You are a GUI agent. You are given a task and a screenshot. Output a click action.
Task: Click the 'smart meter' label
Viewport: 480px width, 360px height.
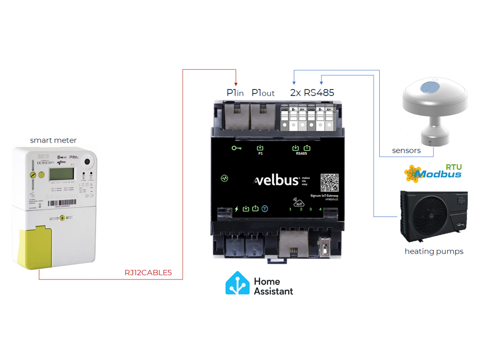click(x=53, y=140)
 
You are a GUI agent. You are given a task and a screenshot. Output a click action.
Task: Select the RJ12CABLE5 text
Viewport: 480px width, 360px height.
click(x=148, y=273)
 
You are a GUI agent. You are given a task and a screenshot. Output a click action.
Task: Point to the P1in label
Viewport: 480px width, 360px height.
click(x=235, y=93)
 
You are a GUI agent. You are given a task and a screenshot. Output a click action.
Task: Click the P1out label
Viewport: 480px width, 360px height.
click(x=263, y=93)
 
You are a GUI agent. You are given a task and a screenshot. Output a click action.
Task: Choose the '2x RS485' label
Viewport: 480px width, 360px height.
click(x=312, y=93)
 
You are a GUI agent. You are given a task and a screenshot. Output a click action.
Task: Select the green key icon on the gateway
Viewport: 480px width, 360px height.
click(x=237, y=149)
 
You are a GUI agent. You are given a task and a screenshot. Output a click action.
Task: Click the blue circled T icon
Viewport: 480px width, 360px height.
click(x=265, y=209)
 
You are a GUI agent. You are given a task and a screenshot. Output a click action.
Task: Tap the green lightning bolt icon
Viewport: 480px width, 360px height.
click(x=236, y=209)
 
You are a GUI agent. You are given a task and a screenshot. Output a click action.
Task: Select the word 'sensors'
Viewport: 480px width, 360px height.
click(x=406, y=150)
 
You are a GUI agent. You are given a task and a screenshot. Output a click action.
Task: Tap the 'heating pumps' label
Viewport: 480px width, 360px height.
click(x=434, y=251)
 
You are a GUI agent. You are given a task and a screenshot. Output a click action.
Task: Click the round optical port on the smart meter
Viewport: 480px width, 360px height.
click(x=87, y=162)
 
